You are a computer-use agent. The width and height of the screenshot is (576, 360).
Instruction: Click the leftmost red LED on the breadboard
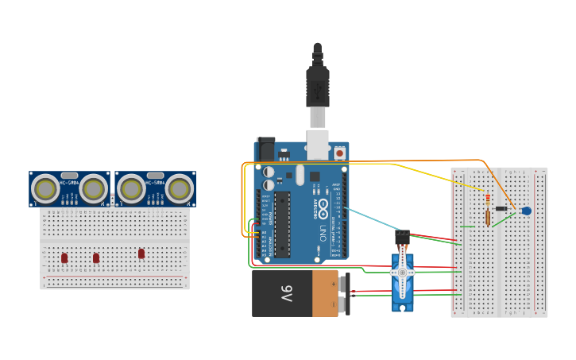64,257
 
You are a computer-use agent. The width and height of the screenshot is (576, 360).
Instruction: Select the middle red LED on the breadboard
96,257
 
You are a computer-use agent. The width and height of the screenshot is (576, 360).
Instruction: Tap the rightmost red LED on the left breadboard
141,254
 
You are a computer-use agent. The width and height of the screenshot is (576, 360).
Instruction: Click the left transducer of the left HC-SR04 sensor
46,188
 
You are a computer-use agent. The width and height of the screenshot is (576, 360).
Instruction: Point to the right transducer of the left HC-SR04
94,188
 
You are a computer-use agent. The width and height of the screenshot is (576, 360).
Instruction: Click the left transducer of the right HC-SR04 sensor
131,188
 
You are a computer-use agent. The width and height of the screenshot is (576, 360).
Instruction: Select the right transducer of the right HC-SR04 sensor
180,188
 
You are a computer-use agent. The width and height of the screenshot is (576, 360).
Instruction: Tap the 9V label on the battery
287,293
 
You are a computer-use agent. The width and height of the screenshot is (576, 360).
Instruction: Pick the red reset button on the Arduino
340,152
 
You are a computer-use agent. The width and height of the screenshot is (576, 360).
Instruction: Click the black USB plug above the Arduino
318,87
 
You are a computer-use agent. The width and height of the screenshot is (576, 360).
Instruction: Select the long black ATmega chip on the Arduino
282,225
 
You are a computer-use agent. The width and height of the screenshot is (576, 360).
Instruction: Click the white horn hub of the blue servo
402,273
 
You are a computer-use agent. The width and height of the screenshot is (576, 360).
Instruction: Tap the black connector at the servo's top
402,236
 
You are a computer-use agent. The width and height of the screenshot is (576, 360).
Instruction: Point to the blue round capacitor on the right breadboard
526,211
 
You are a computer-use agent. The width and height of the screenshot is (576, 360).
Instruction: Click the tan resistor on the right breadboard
488,215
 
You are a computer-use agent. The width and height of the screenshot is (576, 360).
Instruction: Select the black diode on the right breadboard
502,208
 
